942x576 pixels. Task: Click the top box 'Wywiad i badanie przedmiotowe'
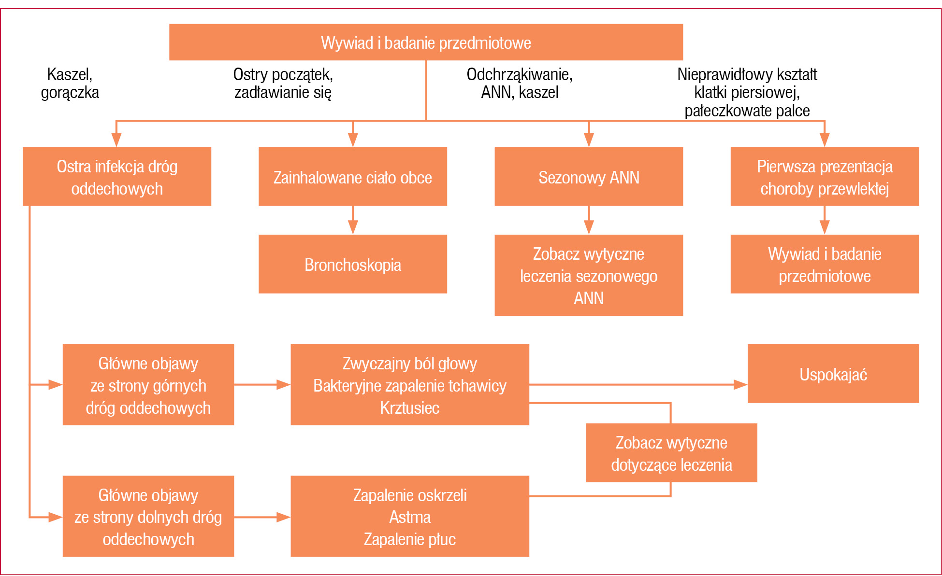[426, 42]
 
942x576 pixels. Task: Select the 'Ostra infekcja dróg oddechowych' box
[117, 177]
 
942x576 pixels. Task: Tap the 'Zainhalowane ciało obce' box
[353, 177]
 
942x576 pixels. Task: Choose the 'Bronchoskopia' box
[353, 264]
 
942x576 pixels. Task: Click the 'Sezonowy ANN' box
[589, 177]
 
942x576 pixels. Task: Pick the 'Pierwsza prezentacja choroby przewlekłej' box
[825, 177]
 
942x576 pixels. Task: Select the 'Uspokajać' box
[833, 374]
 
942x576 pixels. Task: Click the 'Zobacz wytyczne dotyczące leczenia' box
[671, 453]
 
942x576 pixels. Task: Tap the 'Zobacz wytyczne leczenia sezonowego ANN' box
[589, 275]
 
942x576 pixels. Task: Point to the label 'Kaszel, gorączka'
[70, 83]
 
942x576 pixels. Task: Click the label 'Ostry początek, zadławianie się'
[283, 83]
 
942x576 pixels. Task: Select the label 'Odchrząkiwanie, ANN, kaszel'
[520, 83]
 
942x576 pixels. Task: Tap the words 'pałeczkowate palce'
[747, 111]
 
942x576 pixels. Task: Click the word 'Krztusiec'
[410, 408]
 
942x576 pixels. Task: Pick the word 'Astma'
[410, 517]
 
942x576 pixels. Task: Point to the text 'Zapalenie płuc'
[410, 539]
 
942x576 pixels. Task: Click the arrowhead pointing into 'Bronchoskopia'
[353, 228]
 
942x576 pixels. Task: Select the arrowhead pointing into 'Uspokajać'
[741, 385]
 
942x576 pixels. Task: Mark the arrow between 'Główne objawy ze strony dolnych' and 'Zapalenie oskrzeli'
[262, 517]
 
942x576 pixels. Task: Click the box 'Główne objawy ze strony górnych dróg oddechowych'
[148, 385]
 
